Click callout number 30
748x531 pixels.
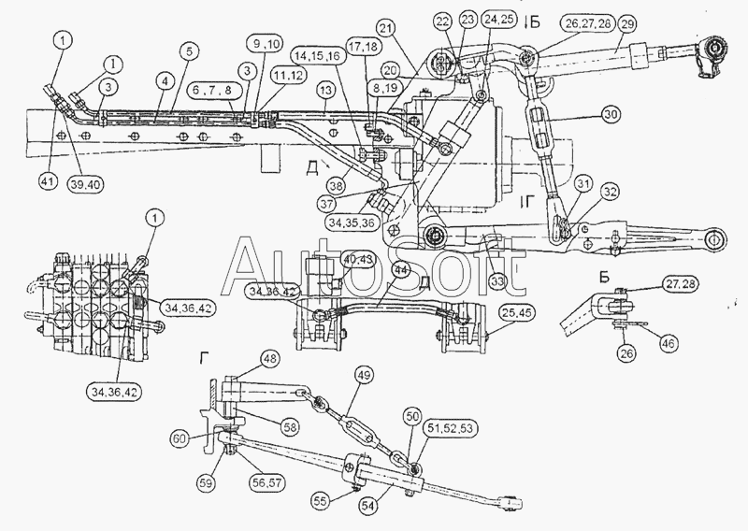[611, 115]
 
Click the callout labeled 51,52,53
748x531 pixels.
[451, 428]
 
